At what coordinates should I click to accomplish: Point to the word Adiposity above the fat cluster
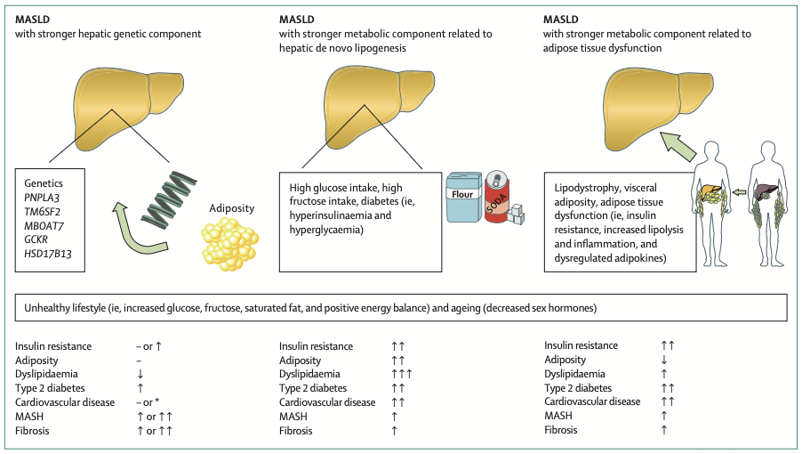232,208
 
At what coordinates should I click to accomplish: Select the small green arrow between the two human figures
739,191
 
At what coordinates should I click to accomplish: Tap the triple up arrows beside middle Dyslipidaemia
397,374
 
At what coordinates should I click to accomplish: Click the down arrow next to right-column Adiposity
663,360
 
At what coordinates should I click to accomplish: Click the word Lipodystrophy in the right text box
584,189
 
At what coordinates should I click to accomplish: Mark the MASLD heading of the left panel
33,20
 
